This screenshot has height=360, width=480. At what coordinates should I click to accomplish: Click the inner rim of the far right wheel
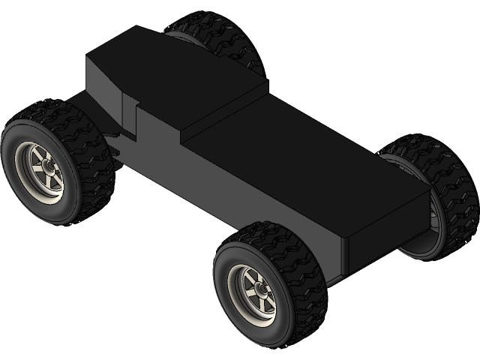click(432, 217)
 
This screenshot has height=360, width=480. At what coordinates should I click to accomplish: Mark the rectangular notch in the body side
click(128, 120)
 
